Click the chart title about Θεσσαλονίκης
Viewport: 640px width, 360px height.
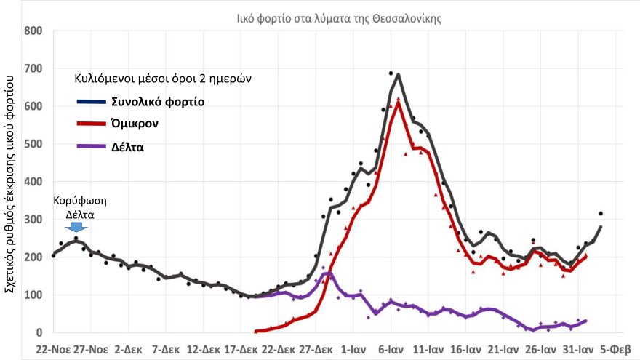tap(339, 18)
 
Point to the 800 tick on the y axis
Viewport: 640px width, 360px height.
tap(33, 31)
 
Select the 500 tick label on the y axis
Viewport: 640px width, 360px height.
tap(33, 144)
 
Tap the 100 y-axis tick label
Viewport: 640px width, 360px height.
tap(33, 295)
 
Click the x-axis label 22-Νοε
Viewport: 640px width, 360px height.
tap(55, 348)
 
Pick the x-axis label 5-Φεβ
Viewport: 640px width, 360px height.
tap(615, 348)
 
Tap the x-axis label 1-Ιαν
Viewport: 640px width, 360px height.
tap(353, 348)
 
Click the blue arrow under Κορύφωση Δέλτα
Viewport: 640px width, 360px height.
tap(76, 227)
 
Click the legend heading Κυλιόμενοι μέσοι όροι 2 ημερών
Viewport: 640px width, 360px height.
tap(163, 78)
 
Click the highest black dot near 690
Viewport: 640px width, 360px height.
tap(391, 73)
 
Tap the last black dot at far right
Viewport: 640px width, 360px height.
tap(601, 213)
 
